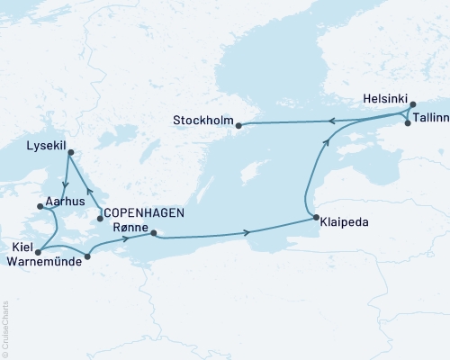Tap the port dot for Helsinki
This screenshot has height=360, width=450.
(412, 105)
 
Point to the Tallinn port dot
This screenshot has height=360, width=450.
(408, 123)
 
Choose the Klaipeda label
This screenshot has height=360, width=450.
(346, 219)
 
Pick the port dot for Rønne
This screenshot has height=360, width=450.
(154, 234)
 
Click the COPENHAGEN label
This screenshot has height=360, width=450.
(145, 212)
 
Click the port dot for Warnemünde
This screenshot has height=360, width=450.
(86, 257)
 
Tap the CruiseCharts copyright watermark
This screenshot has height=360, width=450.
(5, 328)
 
